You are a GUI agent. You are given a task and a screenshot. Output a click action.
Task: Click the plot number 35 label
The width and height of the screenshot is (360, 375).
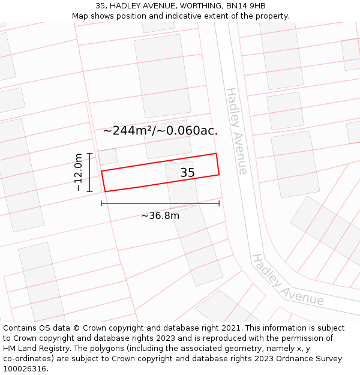[187, 173]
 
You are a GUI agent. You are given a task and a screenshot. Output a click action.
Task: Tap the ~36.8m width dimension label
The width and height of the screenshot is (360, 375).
[160, 215]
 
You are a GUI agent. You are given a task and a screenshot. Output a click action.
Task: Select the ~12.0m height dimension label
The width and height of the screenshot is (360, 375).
[78, 172]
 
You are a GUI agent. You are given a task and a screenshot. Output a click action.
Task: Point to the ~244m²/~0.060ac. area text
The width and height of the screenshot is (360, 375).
[160, 130]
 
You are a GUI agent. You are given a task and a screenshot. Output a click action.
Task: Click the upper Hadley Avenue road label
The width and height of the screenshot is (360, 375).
[236, 131]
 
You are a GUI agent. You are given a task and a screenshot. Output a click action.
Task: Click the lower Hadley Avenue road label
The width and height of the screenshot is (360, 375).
[287, 280]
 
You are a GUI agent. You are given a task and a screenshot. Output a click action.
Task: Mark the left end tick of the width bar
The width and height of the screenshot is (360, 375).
[101, 203]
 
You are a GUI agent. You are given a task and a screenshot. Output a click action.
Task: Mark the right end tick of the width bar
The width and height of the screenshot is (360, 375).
[219, 203]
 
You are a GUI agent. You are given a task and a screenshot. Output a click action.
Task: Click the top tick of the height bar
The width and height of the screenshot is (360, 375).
[89, 154]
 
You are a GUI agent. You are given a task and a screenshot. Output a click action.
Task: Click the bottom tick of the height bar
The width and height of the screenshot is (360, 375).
[89, 191]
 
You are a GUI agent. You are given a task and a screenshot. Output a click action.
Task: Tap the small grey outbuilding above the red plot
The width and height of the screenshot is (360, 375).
[107, 157]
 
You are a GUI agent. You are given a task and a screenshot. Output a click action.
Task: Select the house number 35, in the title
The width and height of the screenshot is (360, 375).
[101, 6]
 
